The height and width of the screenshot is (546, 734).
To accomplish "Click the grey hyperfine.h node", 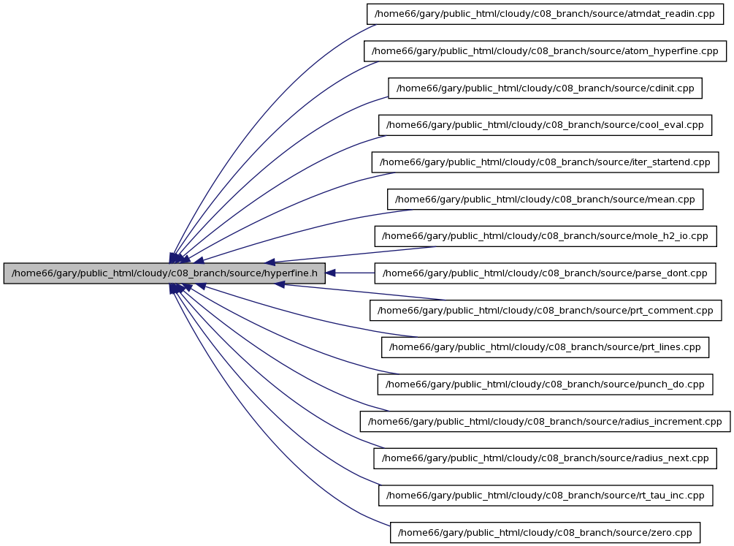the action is (x=164, y=273).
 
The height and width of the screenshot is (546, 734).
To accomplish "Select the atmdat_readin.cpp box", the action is (x=545, y=14).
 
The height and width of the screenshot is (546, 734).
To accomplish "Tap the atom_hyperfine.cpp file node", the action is (x=545, y=51).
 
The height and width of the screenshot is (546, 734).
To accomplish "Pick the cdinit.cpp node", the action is (x=545, y=88).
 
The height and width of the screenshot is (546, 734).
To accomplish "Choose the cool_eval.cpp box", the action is (x=545, y=125).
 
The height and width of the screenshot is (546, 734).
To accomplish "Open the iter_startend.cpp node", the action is (x=545, y=162).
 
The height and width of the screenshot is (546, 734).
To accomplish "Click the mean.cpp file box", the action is (x=545, y=200).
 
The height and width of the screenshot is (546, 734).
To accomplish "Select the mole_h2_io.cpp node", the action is (x=545, y=236).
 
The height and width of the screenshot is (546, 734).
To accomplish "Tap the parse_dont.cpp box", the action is (x=545, y=273).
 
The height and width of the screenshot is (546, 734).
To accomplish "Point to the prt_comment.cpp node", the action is (x=546, y=310).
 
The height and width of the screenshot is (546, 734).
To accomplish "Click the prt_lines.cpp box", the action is (x=545, y=347).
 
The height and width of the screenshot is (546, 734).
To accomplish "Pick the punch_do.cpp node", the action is (x=545, y=384).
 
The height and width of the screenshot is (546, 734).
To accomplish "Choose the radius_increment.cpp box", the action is (x=545, y=421).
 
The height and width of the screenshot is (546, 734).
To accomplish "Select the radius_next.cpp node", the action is (x=545, y=458).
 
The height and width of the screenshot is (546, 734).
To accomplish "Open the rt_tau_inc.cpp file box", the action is (x=546, y=496).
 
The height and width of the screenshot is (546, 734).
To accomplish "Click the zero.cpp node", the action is (x=545, y=532).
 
